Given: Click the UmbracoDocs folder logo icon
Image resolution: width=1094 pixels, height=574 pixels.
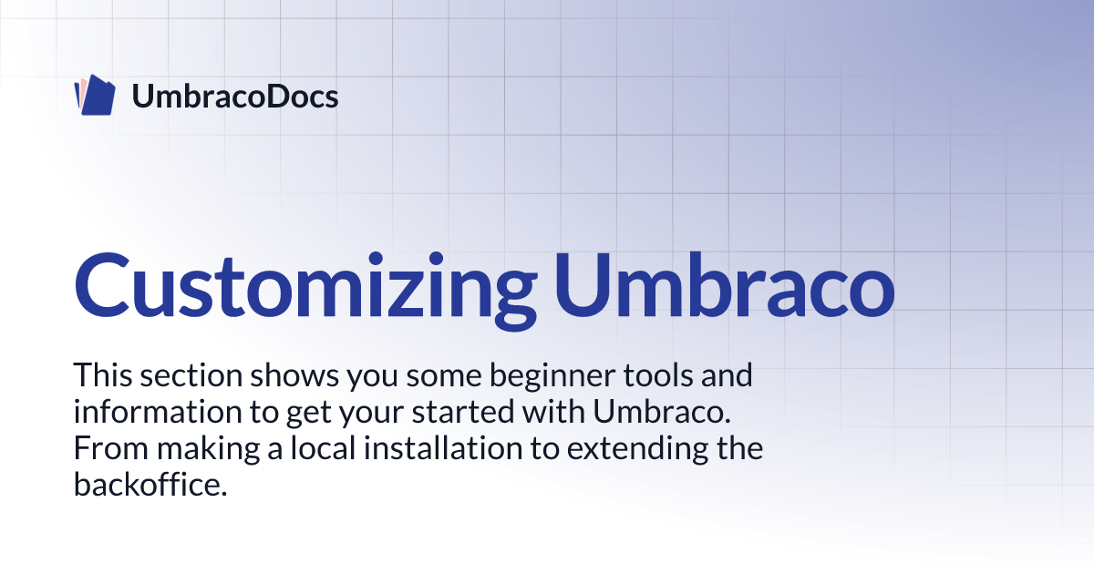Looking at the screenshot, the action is (95, 95).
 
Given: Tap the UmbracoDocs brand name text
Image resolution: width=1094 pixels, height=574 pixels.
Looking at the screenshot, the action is (235, 97).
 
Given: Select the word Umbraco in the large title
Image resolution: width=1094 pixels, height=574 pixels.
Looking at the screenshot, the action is (724, 285).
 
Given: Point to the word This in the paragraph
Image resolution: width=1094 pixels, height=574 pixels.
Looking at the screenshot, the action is (102, 375).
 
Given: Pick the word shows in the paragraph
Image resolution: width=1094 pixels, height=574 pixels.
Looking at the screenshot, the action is (294, 375).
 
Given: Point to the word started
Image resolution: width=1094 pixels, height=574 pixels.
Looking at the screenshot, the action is (463, 412).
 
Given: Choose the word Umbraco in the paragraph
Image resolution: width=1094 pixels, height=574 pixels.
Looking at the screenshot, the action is (662, 412).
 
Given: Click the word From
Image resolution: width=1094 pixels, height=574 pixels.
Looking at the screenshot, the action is (111, 448).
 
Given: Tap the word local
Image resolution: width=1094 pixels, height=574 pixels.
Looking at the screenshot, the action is (324, 448).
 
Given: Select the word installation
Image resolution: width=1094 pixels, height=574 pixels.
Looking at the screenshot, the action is (443, 448).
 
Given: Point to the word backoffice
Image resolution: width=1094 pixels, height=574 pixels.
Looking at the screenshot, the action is (150, 484).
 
